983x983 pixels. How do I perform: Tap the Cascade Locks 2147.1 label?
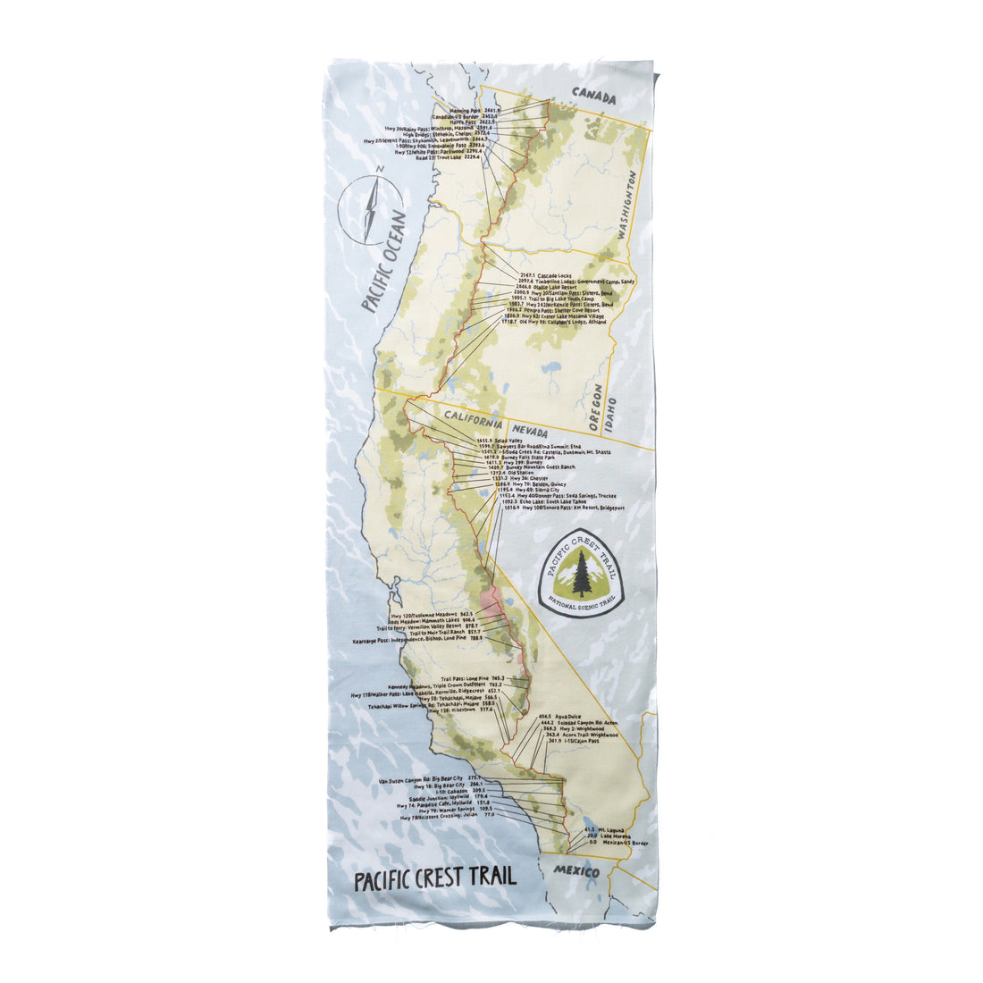click(542, 276)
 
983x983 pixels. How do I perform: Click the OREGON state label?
click(596, 407)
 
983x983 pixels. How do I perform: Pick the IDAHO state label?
click(611, 418)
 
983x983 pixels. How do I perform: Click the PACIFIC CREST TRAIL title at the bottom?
click(435, 877)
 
